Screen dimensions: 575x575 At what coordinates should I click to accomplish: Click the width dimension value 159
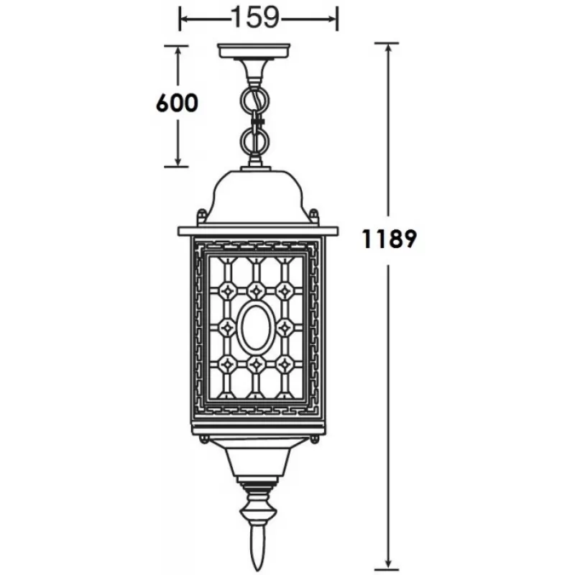point(256,17)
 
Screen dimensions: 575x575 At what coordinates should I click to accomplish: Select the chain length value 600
point(177,103)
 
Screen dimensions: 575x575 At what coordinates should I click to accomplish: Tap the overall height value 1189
point(389,239)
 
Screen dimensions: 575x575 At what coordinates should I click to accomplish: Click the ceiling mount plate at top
point(254,50)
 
